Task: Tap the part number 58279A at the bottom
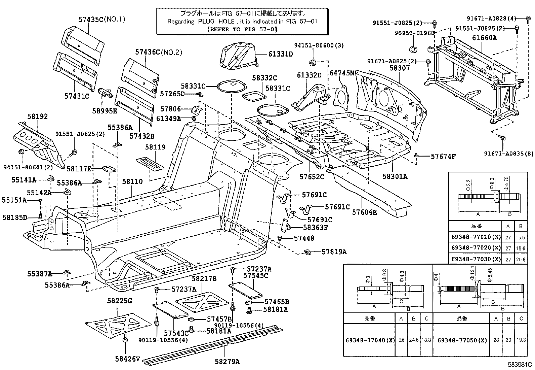[x=227, y=362]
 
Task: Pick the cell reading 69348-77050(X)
[x=462, y=340]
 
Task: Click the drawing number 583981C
[x=521, y=364]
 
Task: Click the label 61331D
[x=281, y=54]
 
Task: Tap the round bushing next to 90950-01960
[x=413, y=48]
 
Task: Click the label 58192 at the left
[x=37, y=116]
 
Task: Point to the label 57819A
[x=334, y=251]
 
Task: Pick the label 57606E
[x=364, y=212]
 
